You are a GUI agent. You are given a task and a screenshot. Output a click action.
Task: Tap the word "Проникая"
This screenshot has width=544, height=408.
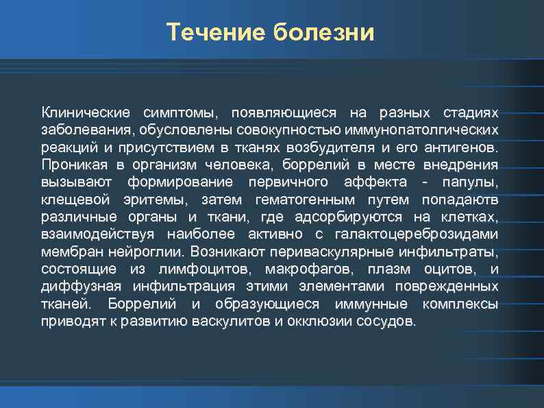[71, 165]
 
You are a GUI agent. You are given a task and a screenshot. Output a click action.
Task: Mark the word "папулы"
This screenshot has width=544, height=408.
[473, 182]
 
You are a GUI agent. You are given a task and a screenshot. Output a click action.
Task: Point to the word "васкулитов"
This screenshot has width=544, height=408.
[232, 322]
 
